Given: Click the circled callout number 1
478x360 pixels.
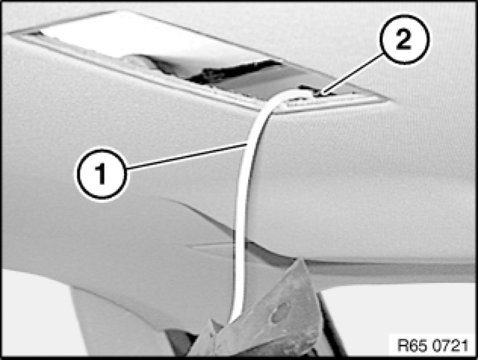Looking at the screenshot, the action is (101, 174).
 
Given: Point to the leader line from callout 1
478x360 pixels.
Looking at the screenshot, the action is (186, 156).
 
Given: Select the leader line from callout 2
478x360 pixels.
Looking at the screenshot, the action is (352, 73).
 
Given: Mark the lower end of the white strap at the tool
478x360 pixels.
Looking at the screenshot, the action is (233, 320).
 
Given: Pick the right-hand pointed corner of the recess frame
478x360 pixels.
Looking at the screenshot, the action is (389, 99).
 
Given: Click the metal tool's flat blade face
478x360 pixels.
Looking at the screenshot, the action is (268, 314).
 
